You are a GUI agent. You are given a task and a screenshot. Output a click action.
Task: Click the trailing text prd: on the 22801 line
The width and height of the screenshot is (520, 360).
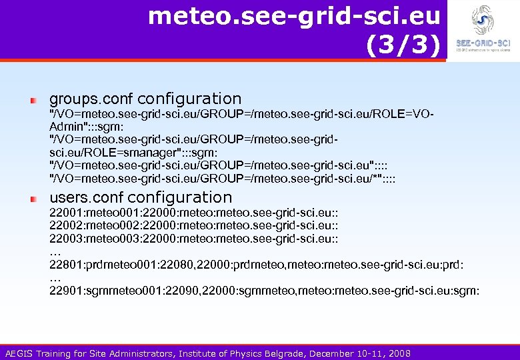click(x=453, y=265)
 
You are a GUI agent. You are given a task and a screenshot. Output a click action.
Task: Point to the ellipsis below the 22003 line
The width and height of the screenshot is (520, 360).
click(x=55, y=252)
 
